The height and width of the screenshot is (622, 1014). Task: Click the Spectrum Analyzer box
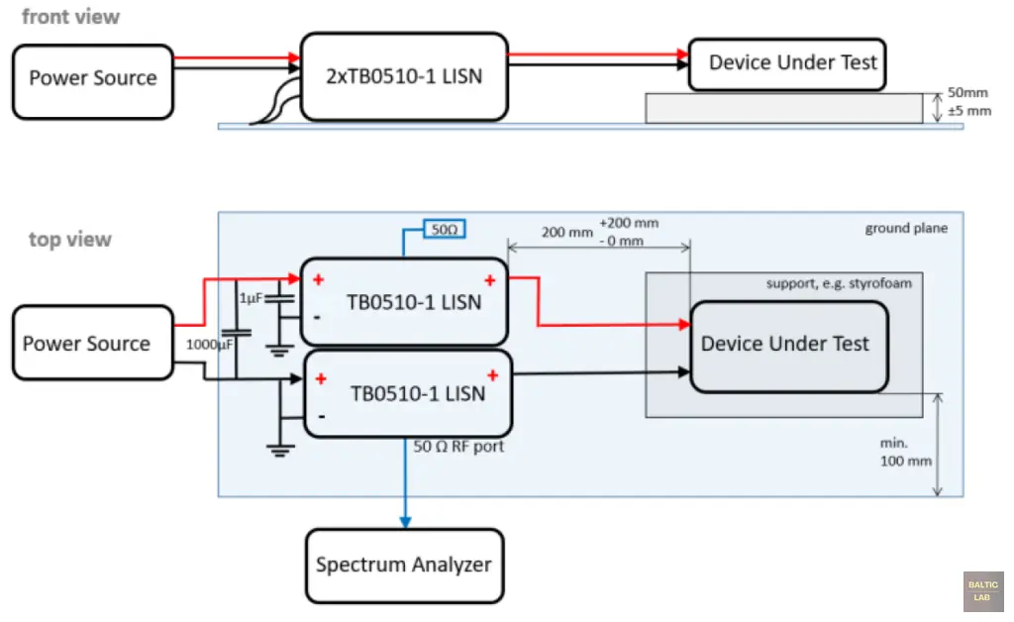tap(404, 566)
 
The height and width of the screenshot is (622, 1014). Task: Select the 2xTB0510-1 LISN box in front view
tap(404, 76)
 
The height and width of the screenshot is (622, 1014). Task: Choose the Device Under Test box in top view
tap(784, 344)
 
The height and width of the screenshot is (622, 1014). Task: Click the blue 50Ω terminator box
tap(444, 230)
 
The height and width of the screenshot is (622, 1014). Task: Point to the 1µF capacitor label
tap(252, 297)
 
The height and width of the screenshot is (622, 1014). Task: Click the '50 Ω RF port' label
tap(458, 447)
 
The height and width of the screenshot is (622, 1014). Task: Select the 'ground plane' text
tap(906, 228)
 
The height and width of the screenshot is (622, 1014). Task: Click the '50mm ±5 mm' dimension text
tap(968, 102)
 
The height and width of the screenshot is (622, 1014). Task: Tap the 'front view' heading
tap(70, 17)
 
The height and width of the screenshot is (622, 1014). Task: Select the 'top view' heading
tap(70, 239)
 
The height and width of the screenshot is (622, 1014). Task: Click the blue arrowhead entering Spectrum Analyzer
tap(404, 521)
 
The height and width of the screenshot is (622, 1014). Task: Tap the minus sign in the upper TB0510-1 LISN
tap(318, 318)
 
